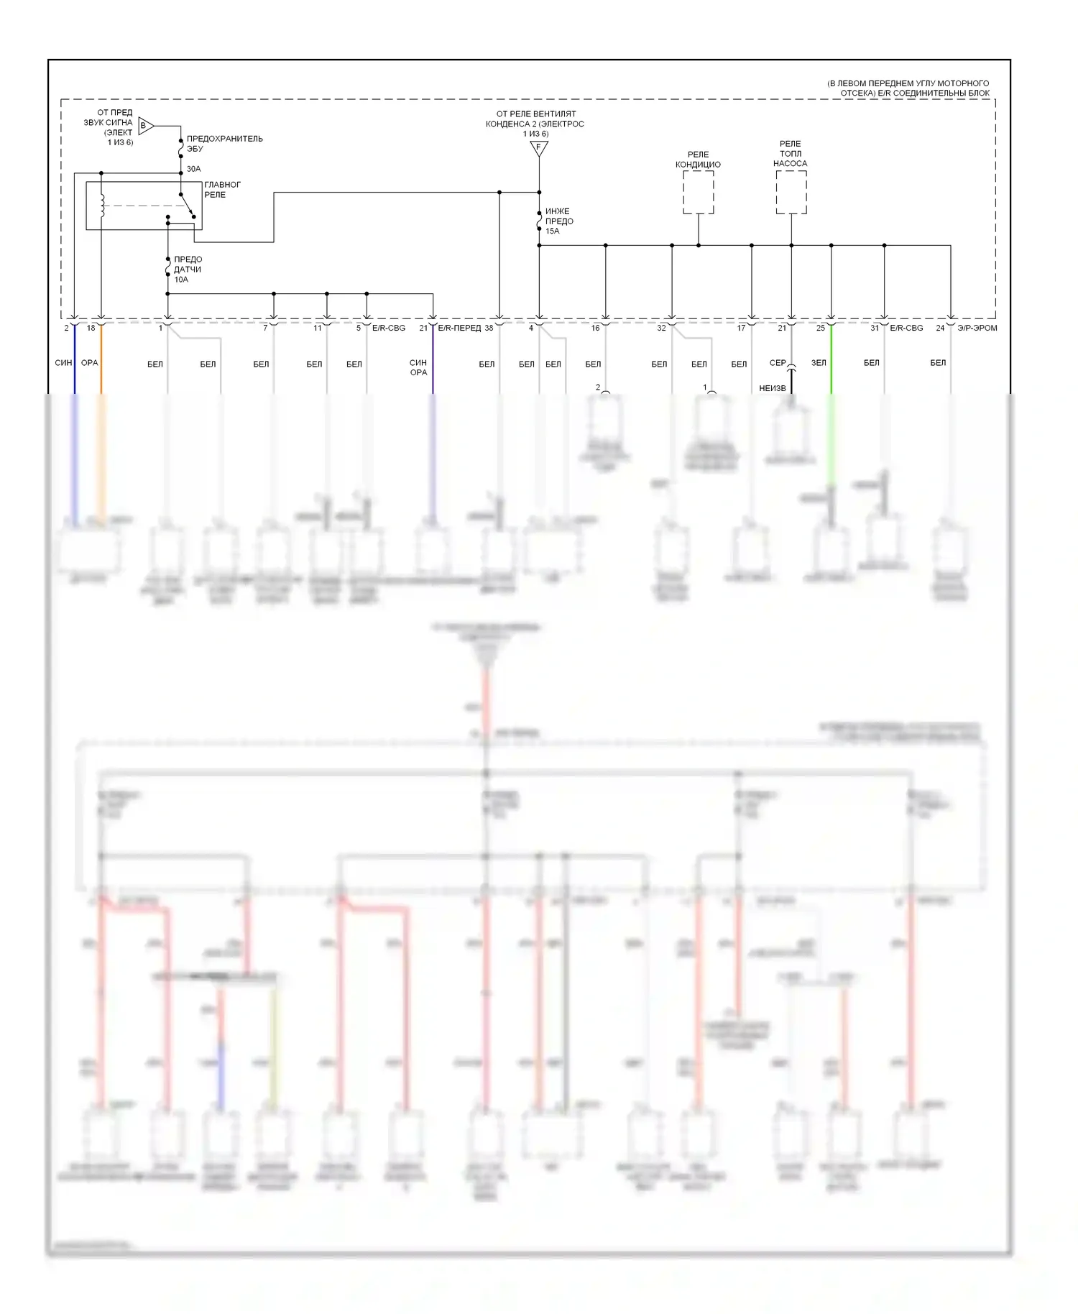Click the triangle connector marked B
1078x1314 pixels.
(145, 126)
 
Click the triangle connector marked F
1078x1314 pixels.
(539, 148)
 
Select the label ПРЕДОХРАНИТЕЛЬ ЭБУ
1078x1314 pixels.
(224, 144)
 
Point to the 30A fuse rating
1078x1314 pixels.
(193, 169)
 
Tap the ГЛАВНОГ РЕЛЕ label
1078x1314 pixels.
(222, 190)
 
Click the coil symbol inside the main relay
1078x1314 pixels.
(102, 206)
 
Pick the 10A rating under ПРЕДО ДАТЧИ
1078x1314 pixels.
(181, 280)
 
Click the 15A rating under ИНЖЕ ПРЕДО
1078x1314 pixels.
(552, 231)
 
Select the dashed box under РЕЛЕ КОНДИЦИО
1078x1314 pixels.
(698, 192)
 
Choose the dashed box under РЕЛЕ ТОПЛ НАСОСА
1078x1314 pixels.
(791, 192)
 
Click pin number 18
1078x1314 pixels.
(91, 328)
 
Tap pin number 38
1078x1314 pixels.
(489, 328)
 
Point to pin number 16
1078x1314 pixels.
(595, 328)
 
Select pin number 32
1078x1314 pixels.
(661, 328)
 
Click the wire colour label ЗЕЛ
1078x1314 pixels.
(819, 363)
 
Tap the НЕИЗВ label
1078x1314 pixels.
(773, 388)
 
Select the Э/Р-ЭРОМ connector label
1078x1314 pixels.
(977, 328)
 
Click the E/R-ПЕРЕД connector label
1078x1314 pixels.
(459, 328)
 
